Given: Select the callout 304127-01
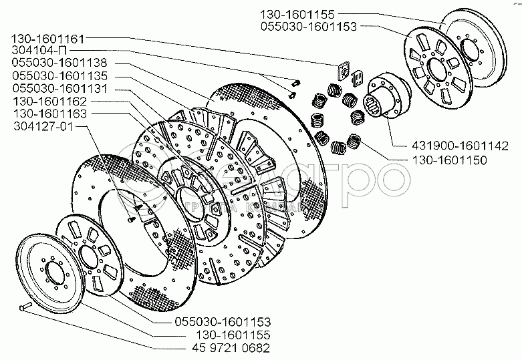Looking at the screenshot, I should coord(41,126).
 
